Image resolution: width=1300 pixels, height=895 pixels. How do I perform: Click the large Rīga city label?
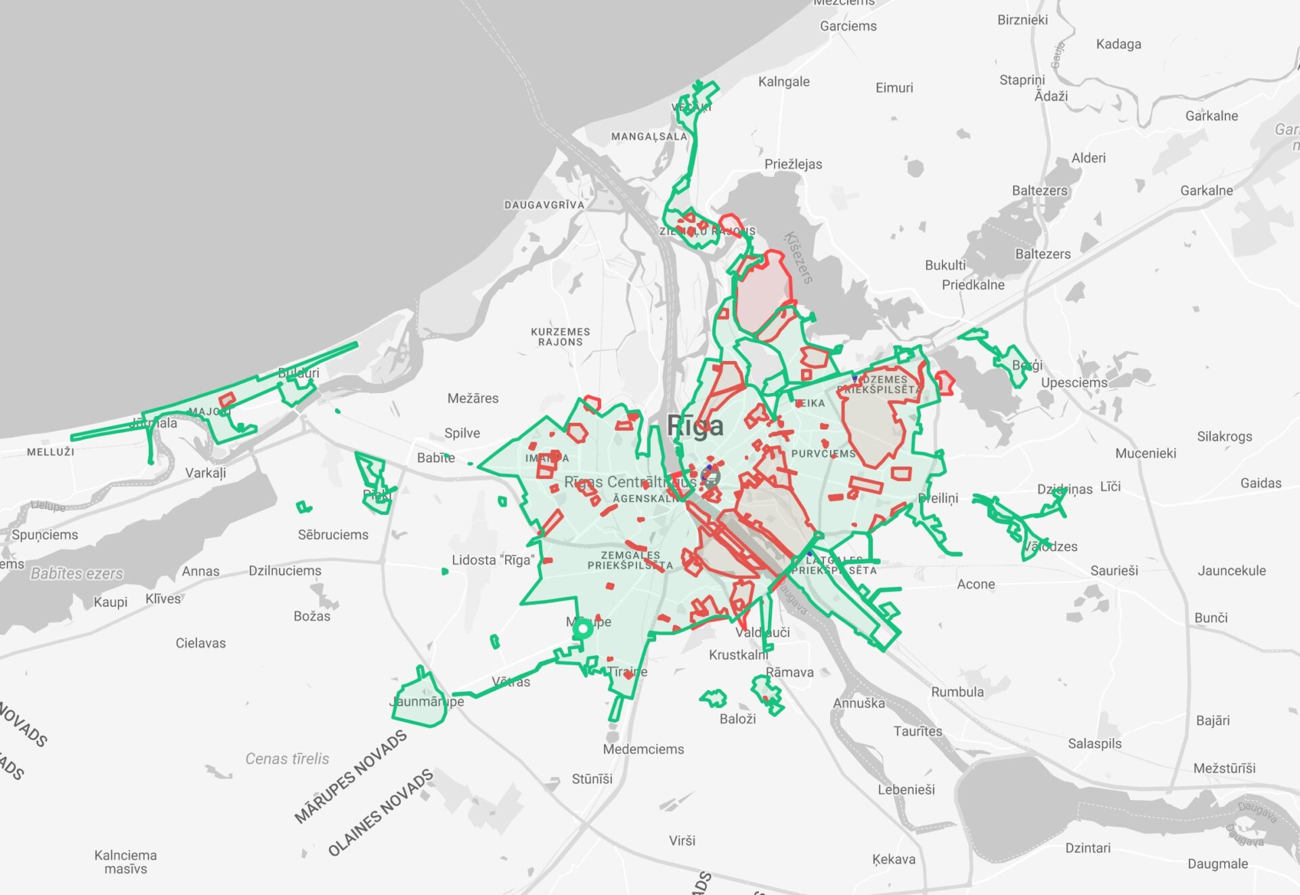click(695, 425)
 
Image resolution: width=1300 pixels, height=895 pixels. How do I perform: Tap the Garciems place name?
click(848, 26)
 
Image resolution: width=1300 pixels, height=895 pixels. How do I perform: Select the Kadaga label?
click(1118, 44)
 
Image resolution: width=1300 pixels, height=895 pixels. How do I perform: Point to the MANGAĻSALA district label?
click(649, 136)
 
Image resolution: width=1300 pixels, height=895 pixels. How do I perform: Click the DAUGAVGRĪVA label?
click(544, 205)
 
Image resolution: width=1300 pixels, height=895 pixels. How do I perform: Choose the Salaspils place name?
click(1094, 743)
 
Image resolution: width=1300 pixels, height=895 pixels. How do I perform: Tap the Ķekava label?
click(893, 859)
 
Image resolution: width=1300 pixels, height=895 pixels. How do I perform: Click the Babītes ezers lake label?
click(77, 574)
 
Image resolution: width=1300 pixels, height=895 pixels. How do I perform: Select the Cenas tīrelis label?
click(287, 759)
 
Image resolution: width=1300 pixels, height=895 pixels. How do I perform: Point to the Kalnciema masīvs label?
click(125, 862)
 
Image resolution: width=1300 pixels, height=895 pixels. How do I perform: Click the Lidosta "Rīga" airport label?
click(493, 560)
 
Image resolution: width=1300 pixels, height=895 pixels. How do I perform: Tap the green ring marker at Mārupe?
click(582, 629)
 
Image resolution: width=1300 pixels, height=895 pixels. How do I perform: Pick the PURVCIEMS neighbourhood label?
click(823, 453)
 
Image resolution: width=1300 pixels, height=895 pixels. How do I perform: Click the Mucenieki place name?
click(1145, 453)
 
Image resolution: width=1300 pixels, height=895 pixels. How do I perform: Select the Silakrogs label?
click(1224, 436)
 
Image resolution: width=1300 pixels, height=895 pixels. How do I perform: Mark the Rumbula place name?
click(957, 692)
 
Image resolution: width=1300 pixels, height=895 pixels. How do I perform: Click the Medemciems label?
click(643, 749)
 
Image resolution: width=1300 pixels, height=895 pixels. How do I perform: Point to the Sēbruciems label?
click(333, 535)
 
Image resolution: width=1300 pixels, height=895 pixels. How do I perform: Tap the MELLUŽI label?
click(50, 452)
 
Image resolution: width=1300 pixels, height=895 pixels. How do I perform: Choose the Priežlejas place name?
click(793, 164)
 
